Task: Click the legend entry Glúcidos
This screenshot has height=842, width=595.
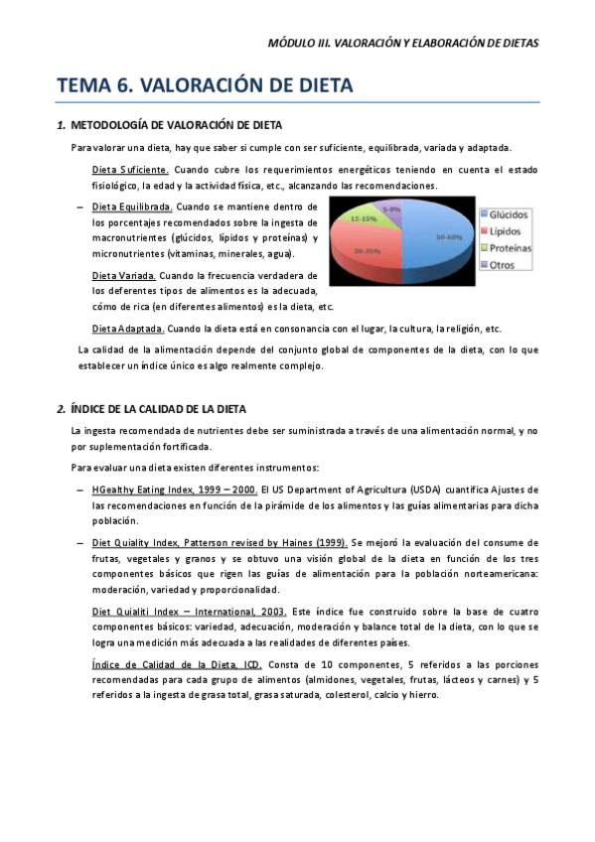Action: [510, 214]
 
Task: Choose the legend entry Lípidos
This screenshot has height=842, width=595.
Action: [508, 231]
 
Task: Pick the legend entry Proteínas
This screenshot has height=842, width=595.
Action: [512, 248]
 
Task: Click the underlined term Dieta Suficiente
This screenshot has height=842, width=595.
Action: [130, 170]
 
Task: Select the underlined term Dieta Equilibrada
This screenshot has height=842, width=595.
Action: [132, 207]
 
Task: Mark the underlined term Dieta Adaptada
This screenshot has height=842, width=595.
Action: [128, 329]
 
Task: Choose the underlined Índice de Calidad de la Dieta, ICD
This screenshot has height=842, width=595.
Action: [175, 663]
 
